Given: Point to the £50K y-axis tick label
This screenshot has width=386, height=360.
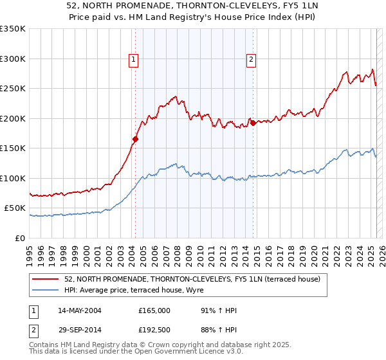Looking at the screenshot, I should (15, 208).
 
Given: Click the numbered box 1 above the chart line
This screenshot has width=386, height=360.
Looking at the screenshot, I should (133, 60).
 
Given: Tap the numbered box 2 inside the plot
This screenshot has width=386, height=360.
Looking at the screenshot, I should (251, 60).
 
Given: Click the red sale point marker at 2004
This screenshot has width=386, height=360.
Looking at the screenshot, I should (136, 138).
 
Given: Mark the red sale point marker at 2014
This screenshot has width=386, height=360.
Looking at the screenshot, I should (253, 122).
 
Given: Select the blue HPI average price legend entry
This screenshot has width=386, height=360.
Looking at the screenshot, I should (134, 291).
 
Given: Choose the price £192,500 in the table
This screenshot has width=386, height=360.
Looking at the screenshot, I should (154, 332).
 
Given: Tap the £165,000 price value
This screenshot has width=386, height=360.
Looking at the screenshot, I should (154, 310).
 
